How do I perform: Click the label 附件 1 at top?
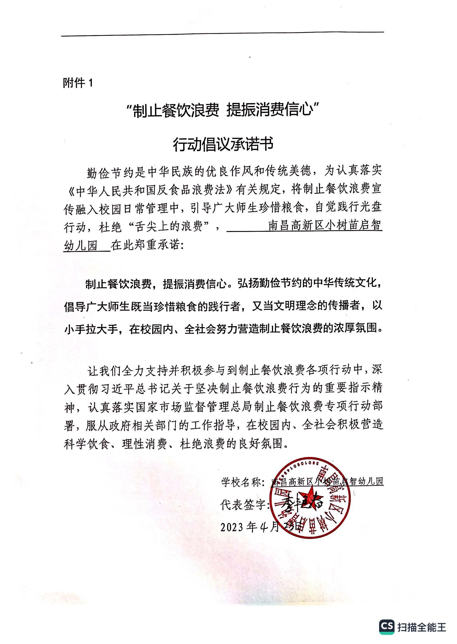pyautogui.click(x=78, y=83)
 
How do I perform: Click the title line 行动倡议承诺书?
pyautogui.click(x=223, y=144)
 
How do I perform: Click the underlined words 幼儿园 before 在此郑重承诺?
pyautogui.click(x=81, y=246)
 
